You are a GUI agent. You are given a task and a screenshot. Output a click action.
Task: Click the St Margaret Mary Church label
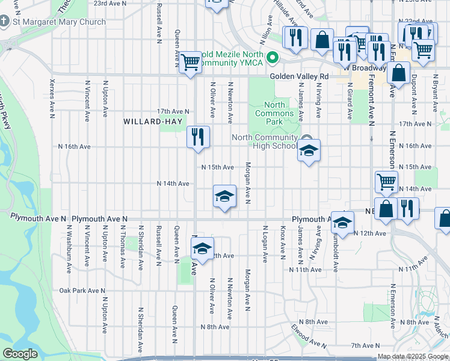click(59, 22)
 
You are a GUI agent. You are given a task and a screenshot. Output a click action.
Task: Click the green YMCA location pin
click(273, 58)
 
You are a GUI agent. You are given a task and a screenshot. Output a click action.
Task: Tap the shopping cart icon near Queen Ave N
click(191, 61)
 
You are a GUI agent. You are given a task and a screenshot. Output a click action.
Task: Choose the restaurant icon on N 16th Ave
click(197, 137)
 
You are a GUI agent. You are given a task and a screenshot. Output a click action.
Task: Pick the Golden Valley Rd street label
click(299, 76)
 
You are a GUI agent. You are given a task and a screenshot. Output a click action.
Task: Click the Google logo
click(20, 354)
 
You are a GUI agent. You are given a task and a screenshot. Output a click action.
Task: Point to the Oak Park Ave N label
click(81, 291)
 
